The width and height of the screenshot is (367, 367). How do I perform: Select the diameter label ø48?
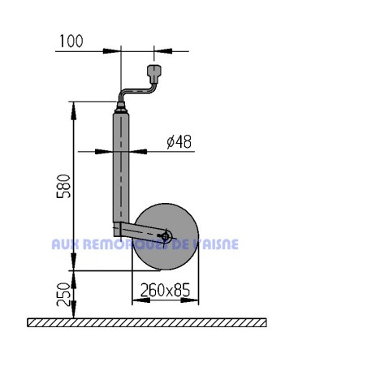[178, 141]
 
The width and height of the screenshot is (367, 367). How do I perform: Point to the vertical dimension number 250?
[65, 294]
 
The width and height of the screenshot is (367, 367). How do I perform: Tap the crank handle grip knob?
[156, 74]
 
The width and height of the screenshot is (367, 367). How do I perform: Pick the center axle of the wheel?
[166, 237]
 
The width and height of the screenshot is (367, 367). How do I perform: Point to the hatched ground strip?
[146, 322]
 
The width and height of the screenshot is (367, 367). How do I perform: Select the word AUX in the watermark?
[64, 244]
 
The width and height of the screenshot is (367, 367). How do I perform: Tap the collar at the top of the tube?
[122, 108]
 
